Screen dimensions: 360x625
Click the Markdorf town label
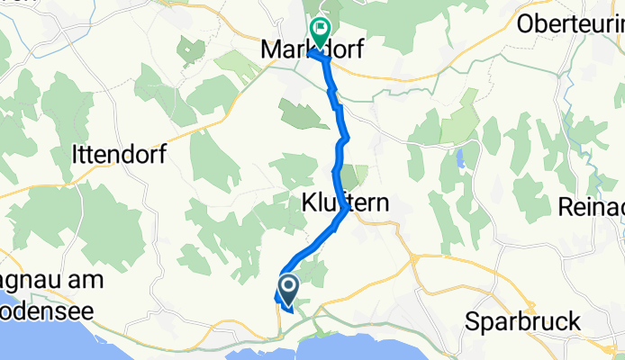coord(312,51)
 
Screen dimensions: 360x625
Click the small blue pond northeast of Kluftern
coord(460,158)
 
